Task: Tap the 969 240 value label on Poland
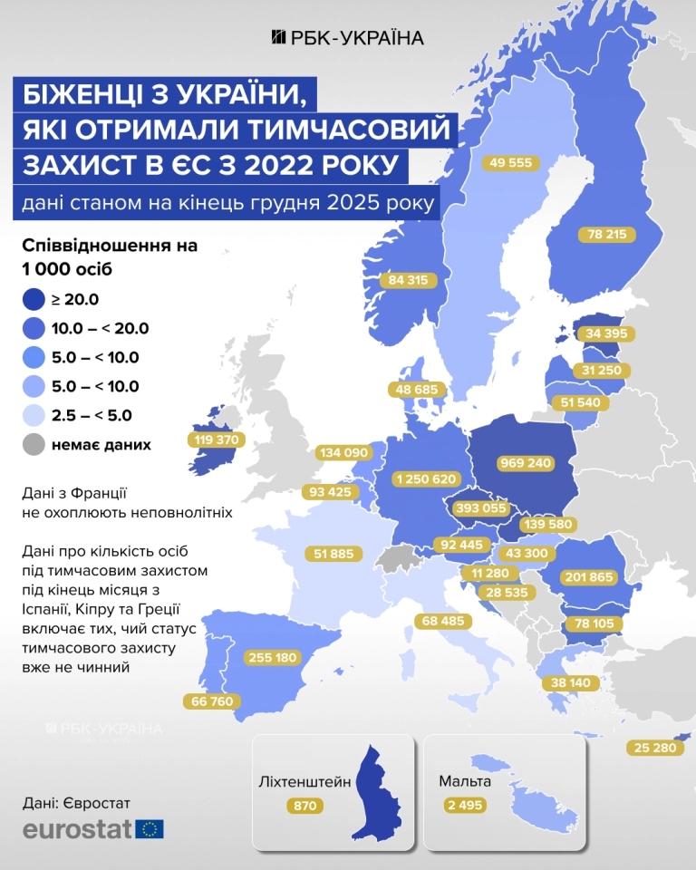coord(526,462)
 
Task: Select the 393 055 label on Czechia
coord(479,508)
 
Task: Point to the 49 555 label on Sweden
coord(511,163)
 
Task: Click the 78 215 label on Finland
coord(606,234)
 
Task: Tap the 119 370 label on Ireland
coord(217,440)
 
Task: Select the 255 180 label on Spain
coord(271,658)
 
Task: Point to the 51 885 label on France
coord(333,553)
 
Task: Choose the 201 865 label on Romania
coord(590,576)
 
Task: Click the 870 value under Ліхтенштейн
coord(304,805)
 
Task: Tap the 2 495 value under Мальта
coord(465,805)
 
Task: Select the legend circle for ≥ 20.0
coord(34,299)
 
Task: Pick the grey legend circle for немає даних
coord(34,445)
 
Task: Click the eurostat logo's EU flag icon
coord(150,828)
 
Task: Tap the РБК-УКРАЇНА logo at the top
coord(348,37)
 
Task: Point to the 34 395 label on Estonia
coord(604,333)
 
